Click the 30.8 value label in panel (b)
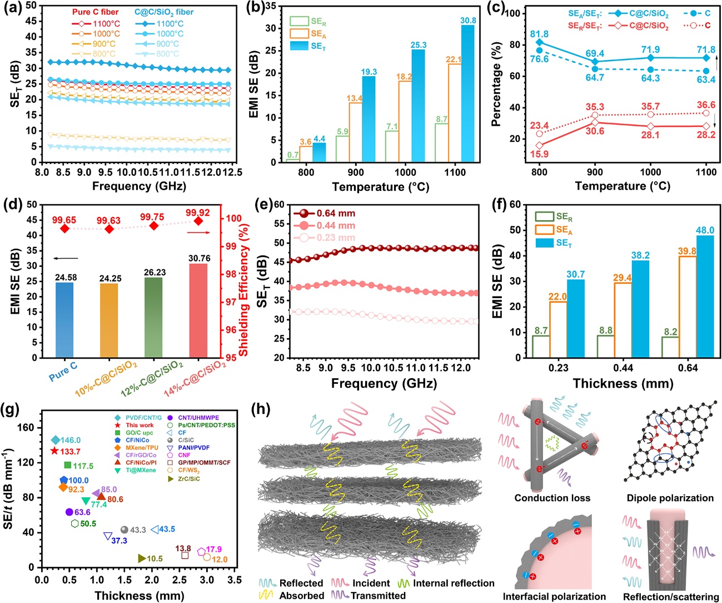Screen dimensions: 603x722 tap(468, 21)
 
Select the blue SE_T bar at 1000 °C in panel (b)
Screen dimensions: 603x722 tap(418, 106)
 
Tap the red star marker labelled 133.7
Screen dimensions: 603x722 tap(54, 451)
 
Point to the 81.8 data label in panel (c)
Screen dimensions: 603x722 tap(539, 34)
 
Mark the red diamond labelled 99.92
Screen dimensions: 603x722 tap(198, 221)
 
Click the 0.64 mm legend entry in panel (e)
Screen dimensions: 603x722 tap(335, 214)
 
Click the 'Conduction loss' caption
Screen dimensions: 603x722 tap(552, 498)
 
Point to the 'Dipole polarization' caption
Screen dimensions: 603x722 tap(670, 498)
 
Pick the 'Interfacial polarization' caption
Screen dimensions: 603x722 tap(554, 596)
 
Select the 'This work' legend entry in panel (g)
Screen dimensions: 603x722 tap(140, 425)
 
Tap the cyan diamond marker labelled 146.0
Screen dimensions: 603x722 tap(55, 440)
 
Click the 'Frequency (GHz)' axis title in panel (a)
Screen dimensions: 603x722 tap(139, 186)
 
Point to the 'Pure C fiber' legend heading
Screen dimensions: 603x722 tap(95, 12)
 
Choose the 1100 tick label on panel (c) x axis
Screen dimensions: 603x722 tap(706, 172)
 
